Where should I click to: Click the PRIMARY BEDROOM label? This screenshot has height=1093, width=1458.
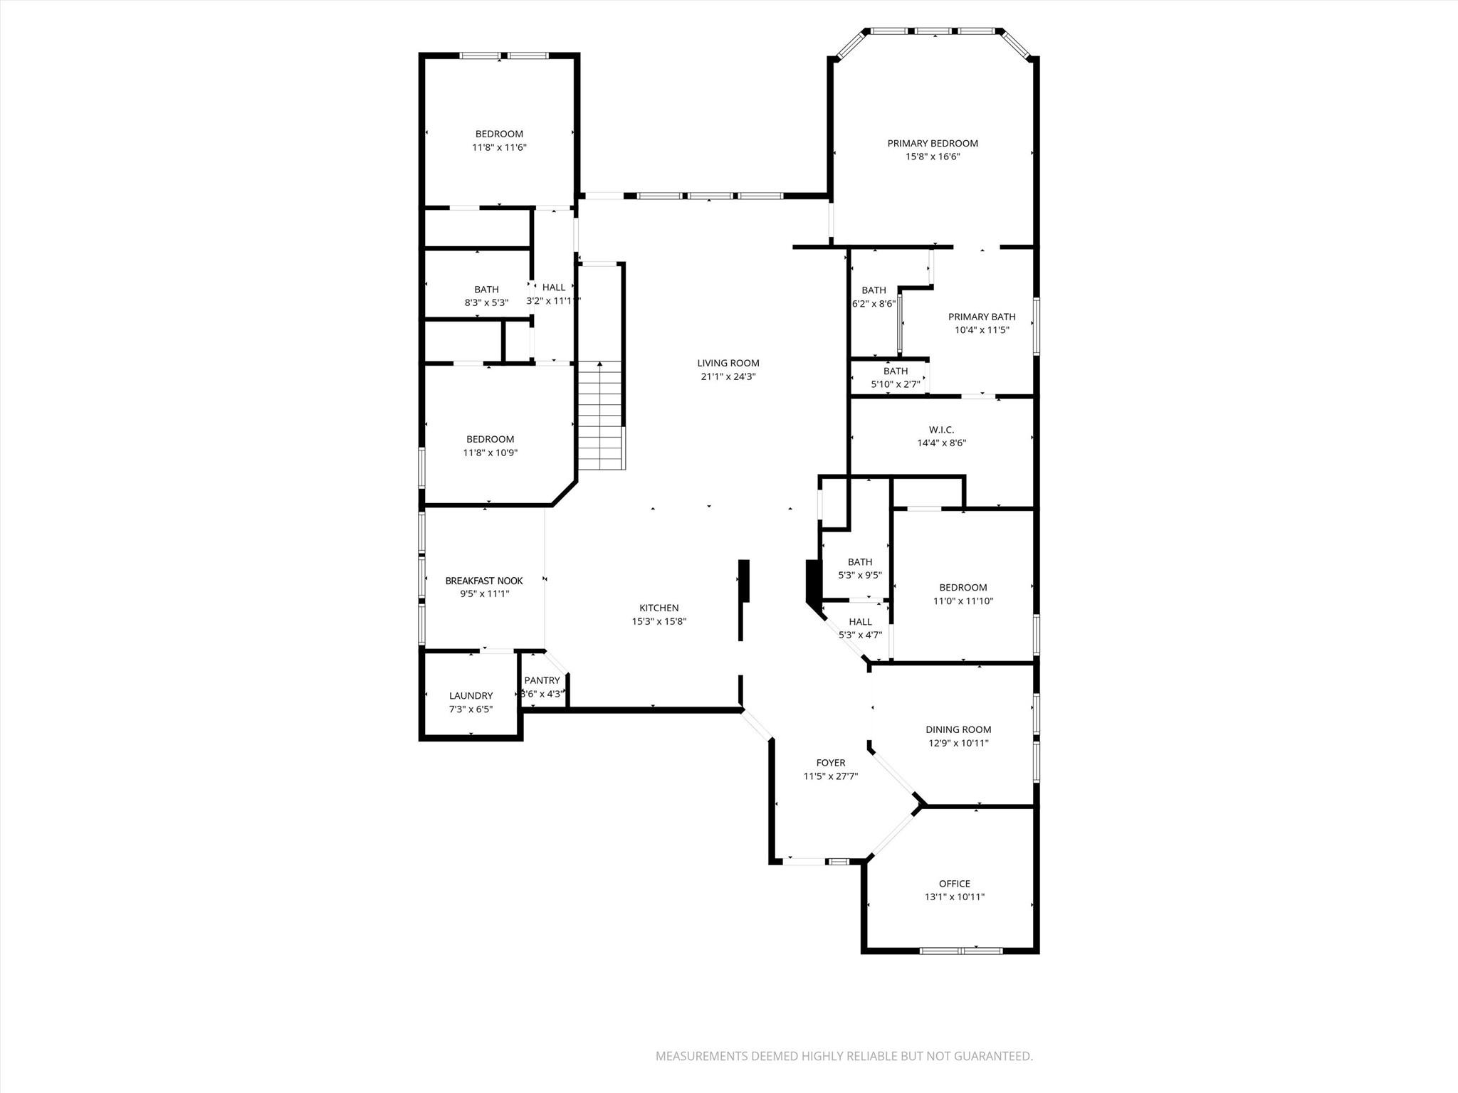coord(932,143)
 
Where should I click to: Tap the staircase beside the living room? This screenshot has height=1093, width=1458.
coord(601,416)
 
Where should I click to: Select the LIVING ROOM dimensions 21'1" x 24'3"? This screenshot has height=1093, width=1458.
coord(728,376)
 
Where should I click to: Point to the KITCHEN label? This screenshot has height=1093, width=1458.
coord(659,608)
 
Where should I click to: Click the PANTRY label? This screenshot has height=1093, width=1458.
coord(542,680)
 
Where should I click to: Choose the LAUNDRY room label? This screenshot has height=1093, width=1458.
coord(471,696)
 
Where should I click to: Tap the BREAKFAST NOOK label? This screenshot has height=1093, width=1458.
coord(484,581)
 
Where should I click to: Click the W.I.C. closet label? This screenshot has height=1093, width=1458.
coord(941,430)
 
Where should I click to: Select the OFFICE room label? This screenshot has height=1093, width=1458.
coord(954,884)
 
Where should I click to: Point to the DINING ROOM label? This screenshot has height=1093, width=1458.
coord(958,729)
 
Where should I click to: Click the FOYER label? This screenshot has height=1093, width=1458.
coord(831,763)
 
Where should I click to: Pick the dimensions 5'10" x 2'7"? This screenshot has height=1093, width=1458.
coord(896,384)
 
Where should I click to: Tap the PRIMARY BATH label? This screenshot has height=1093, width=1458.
coord(982,317)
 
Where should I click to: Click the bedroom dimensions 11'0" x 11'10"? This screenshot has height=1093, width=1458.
coord(963,601)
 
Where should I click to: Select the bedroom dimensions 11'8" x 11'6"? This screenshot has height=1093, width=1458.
coord(499,147)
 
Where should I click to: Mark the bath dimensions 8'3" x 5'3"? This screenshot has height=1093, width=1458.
coord(486,302)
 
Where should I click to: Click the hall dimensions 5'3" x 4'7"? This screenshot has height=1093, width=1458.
coord(860,635)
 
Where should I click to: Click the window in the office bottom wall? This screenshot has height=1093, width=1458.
coord(961,951)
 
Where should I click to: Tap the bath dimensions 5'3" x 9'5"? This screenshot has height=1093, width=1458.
coord(860,575)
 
